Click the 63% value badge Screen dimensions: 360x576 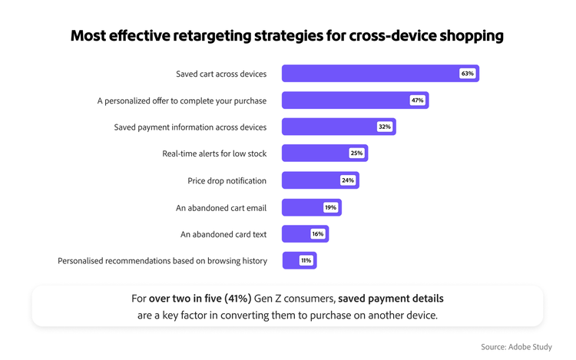[467, 74]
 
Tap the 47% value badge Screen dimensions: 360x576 [417, 101]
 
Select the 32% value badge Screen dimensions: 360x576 [384, 127]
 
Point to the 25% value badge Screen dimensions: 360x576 [356, 154]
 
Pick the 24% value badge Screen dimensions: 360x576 [348, 180]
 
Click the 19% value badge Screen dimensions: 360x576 [330, 207]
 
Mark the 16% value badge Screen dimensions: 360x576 [317, 234]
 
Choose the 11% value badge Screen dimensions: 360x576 [306, 261]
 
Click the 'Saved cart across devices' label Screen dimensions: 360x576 [221, 74]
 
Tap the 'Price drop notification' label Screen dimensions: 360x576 [227, 181]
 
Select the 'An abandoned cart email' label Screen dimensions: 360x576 [221, 208]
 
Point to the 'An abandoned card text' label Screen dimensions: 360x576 [223, 235]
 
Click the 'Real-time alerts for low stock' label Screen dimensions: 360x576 [214, 154]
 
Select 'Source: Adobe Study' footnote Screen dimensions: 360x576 [516, 347]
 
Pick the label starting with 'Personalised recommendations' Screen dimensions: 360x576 [162, 261]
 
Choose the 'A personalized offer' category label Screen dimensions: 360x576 [181, 101]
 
